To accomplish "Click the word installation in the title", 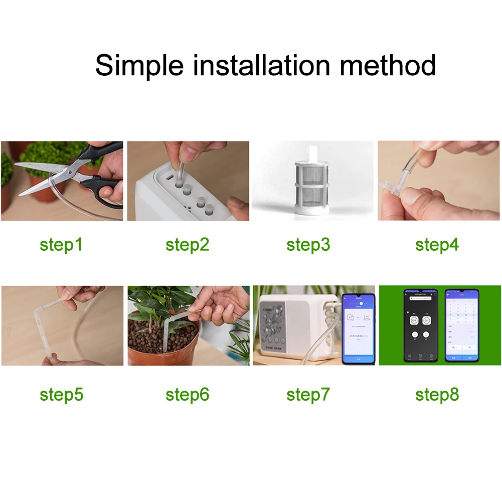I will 261,66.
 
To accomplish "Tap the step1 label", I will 61,245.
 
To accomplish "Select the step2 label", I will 187,245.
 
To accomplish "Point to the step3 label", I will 308,245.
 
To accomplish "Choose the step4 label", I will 437,245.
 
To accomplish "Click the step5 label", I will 61,395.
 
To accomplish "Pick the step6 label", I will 187,395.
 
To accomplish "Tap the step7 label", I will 308,395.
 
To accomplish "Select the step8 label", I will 437,395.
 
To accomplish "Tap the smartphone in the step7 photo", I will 358,328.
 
